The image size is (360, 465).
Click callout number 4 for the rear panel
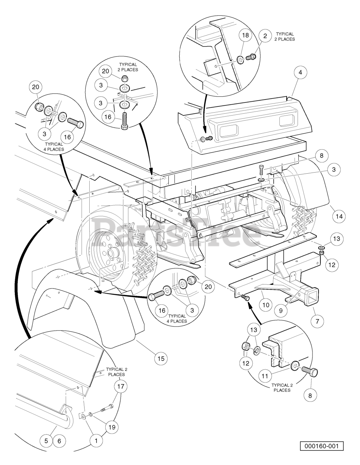tap(300, 73)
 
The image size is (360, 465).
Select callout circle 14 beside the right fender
tap(339, 217)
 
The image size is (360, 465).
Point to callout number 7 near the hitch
tap(317, 321)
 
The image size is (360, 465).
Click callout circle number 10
tap(266, 305)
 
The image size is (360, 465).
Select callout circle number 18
tap(245, 35)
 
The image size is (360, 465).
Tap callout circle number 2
tap(265, 36)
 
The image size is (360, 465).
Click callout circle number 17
tap(120, 386)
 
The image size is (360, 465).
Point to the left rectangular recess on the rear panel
tap(229, 130)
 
